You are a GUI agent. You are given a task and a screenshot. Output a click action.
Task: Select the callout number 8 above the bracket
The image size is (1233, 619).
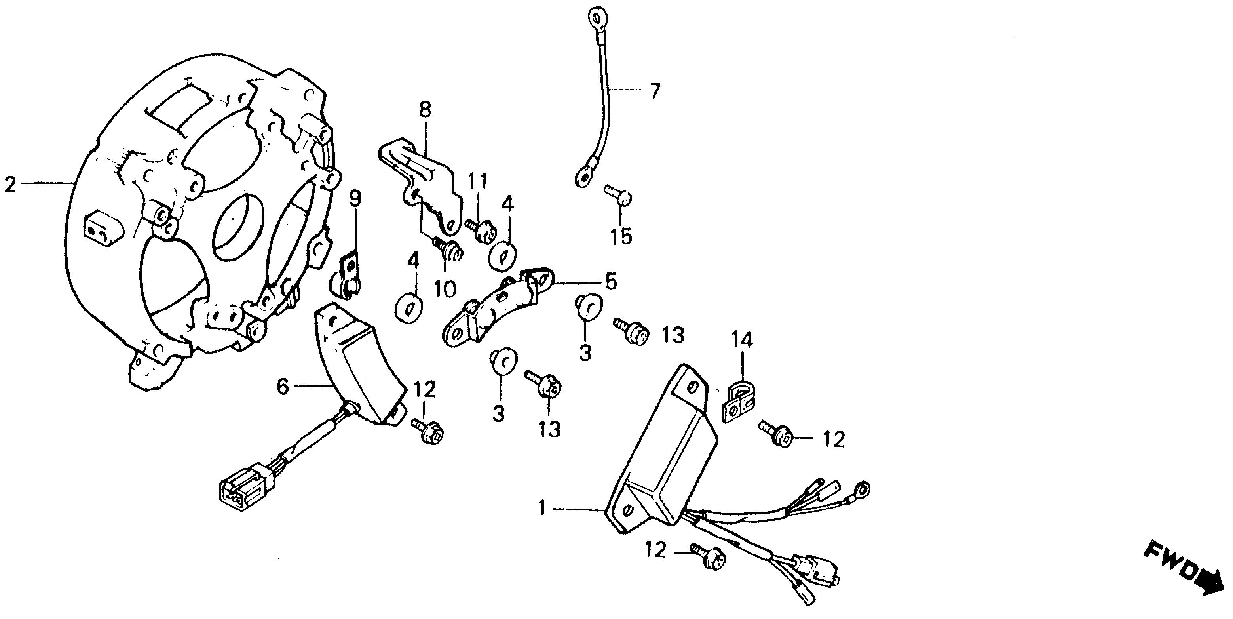point(425,110)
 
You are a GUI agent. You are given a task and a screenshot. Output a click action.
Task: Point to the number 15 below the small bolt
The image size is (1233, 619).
point(621,236)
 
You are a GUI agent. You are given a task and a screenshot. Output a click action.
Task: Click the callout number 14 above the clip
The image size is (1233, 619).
point(741,339)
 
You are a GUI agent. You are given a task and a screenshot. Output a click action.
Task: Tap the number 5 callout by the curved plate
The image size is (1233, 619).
point(610,282)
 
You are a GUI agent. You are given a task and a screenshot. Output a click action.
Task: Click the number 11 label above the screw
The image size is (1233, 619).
point(477,182)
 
